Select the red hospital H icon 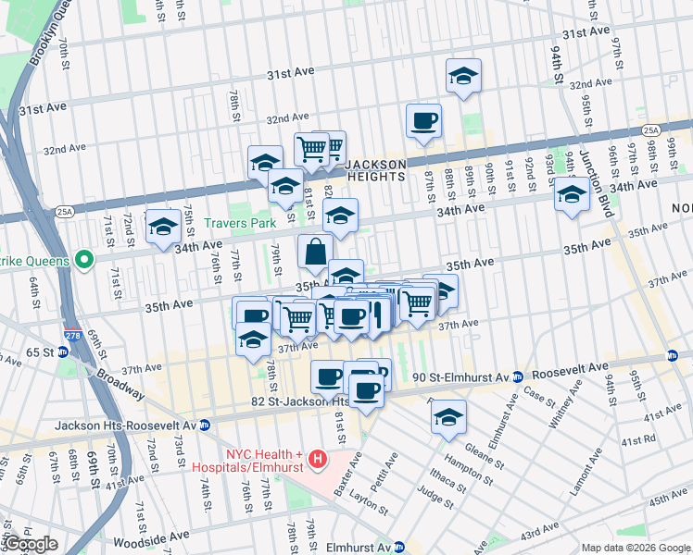point(318,458)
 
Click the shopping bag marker point(315,251)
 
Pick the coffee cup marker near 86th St point(423,121)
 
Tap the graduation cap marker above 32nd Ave point(463,76)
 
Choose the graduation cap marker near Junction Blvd point(572,196)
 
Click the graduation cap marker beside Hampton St point(448,416)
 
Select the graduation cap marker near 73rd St point(163,226)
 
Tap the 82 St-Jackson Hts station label point(301,401)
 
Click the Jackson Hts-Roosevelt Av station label point(125,425)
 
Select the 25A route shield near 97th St point(652,130)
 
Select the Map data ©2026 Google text point(634,548)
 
